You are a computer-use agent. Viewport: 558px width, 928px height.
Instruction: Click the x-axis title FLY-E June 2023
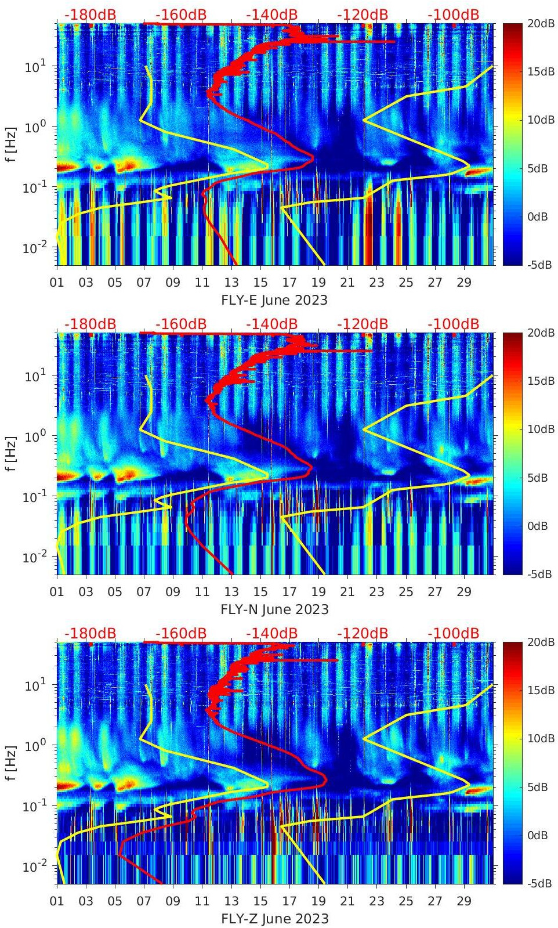[x=274, y=300]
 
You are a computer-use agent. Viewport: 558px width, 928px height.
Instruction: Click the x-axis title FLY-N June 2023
[x=274, y=609]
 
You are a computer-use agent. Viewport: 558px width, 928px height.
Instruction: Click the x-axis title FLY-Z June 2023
[x=274, y=919]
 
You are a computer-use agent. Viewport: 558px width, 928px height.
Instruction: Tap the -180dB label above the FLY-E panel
[x=90, y=15]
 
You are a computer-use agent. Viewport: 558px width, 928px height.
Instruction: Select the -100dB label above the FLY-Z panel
[x=453, y=633]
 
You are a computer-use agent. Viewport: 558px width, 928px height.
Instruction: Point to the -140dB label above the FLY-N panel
[x=271, y=324]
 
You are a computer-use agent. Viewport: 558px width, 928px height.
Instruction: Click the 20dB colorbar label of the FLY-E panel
[x=539, y=23]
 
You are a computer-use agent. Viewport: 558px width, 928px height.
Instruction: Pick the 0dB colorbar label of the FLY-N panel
[x=537, y=526]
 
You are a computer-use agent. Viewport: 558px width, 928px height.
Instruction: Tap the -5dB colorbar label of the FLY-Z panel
[x=539, y=883]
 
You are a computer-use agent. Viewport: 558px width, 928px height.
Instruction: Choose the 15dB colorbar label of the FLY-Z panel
[x=539, y=690]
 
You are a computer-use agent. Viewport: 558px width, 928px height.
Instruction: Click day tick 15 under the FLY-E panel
[x=260, y=283]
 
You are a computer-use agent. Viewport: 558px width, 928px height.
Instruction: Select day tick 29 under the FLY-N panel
[x=464, y=592]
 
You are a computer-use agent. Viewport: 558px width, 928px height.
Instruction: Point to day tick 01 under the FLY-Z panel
[x=57, y=901]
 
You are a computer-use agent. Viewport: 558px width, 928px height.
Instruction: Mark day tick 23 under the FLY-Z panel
[x=376, y=901]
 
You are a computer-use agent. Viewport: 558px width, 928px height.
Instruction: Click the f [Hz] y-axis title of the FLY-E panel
[x=11, y=144]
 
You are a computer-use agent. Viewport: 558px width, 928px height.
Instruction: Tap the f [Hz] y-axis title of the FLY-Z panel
[x=11, y=763]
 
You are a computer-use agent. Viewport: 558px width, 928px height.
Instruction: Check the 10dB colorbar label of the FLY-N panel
[x=539, y=429]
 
